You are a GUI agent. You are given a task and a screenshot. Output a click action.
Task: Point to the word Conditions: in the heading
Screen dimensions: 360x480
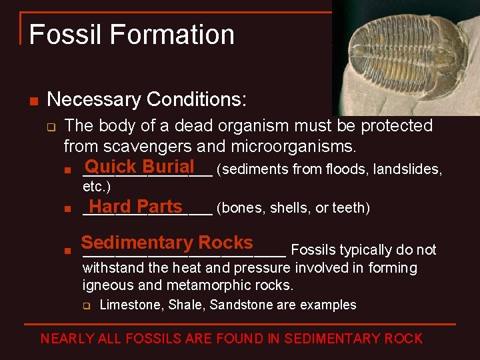tap(197, 100)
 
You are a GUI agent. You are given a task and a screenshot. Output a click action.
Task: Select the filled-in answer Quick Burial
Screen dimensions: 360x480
tap(139, 167)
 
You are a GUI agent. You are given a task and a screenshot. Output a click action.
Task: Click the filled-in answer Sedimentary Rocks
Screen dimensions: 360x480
tap(167, 243)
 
